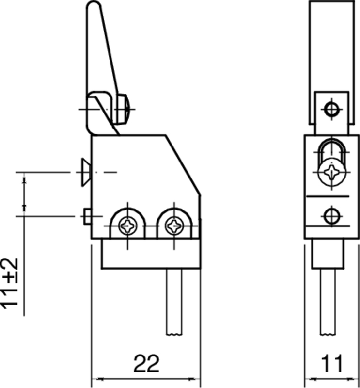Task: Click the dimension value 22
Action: click(x=146, y=363)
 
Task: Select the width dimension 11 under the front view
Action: click(x=333, y=363)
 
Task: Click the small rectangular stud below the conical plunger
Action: click(x=87, y=216)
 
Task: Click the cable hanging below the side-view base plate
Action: click(x=174, y=301)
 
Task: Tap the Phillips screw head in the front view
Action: click(x=332, y=171)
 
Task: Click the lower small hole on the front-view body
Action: click(x=331, y=215)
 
